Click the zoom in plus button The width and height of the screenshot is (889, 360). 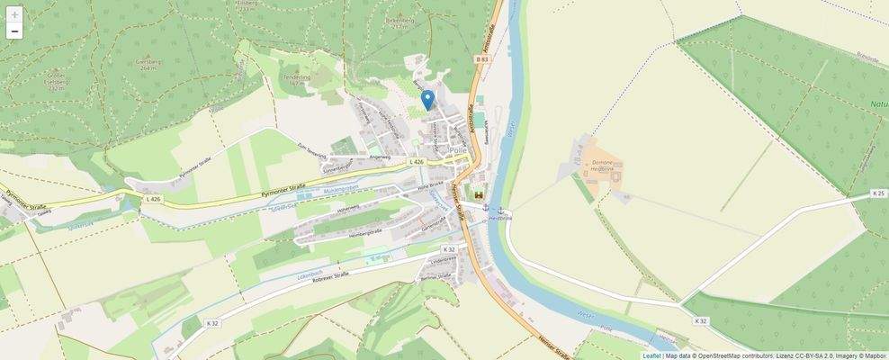coord(14,15)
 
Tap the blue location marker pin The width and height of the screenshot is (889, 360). coord(427,100)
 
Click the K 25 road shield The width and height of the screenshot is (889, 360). coord(879,193)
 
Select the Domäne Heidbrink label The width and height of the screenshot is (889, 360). coord(608,168)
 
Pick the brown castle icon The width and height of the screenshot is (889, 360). coord(478,194)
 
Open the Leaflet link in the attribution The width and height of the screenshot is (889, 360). coord(651,355)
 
